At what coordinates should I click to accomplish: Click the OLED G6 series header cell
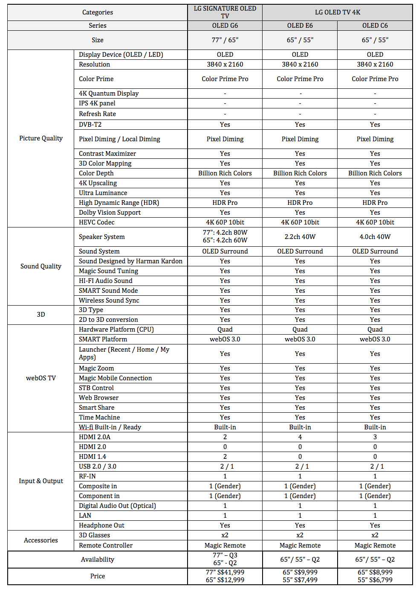click(x=225, y=26)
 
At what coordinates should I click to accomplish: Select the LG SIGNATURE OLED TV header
click(x=225, y=12)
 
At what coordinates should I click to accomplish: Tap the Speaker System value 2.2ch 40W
click(x=300, y=237)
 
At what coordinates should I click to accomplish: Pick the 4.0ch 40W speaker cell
click(x=375, y=237)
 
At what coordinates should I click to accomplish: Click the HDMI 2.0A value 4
click(x=300, y=437)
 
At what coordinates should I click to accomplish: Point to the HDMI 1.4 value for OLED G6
click(x=225, y=457)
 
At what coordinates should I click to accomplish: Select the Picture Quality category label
click(x=41, y=138)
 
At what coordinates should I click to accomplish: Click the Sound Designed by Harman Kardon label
click(x=130, y=261)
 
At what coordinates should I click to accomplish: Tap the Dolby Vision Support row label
click(x=110, y=213)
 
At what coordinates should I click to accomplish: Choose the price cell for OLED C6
click(x=375, y=576)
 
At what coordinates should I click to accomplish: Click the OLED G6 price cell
click(x=225, y=576)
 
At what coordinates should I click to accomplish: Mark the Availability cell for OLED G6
click(x=225, y=559)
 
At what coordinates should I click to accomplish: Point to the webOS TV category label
click(x=41, y=378)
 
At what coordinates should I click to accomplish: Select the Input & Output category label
click(x=41, y=481)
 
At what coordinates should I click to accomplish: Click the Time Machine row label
click(x=99, y=417)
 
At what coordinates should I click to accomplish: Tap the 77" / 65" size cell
click(x=225, y=40)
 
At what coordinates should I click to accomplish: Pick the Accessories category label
click(x=41, y=540)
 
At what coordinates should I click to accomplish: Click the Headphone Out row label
click(x=101, y=525)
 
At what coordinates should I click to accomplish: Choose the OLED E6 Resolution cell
click(x=300, y=64)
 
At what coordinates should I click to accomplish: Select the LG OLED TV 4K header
click(x=338, y=12)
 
